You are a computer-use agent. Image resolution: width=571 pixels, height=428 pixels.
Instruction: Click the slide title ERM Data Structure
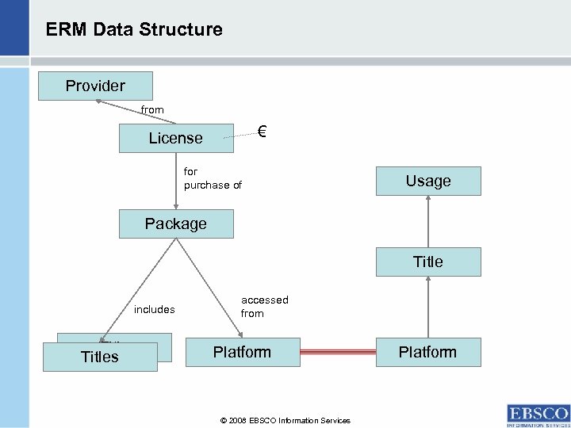pos(134,30)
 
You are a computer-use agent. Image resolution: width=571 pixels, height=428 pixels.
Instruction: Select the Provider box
pos(95,86)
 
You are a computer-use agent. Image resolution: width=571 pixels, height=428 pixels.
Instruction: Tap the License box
pos(176,138)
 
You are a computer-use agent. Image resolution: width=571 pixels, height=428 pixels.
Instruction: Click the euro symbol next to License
pos(263,132)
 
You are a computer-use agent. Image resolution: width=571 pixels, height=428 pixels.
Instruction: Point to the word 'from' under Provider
pos(152,110)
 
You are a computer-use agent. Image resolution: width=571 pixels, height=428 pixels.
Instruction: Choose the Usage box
pos(428,181)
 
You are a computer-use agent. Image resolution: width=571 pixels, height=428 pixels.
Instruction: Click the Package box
pos(176,224)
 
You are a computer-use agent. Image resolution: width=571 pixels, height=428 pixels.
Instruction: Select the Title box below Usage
pos(428,262)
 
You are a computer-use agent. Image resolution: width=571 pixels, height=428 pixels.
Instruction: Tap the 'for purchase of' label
pos(212,178)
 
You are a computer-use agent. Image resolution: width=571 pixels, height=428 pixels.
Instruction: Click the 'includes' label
pos(154,309)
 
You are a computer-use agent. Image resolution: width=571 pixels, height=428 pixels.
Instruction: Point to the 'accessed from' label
pos(264,306)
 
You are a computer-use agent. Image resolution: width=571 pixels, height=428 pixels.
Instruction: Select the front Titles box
pos(100,357)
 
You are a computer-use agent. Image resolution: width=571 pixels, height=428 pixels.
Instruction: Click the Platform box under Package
pos(242,352)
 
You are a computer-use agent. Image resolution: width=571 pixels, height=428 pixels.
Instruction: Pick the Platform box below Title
pos(428,352)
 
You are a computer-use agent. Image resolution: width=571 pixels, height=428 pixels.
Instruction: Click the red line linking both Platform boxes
pos(339,352)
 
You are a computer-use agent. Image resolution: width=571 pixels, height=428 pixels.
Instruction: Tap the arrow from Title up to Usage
pos(428,222)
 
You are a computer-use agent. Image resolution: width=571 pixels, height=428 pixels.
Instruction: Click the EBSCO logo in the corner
pos(538,415)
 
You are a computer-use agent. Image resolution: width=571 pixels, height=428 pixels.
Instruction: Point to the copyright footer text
pos(285,420)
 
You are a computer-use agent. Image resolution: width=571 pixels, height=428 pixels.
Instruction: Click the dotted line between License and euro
pos(238,136)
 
